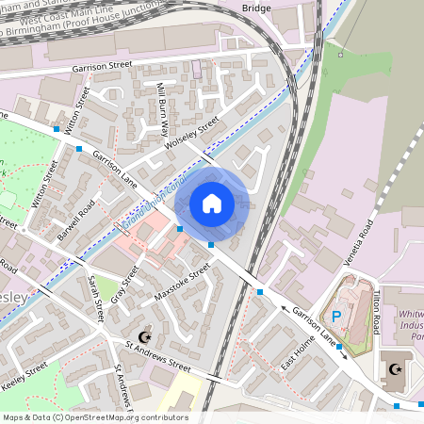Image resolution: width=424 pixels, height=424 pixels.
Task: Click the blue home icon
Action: click(212, 204)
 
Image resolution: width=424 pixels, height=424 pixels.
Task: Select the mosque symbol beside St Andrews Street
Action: click(144, 336)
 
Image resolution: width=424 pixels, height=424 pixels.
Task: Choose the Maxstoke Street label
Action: click(182, 287)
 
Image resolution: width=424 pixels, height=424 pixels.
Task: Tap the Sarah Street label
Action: click(94, 300)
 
